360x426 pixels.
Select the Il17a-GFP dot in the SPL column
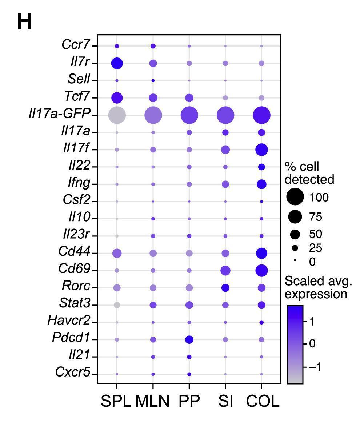117,115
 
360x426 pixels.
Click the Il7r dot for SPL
117,64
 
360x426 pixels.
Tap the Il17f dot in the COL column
261,150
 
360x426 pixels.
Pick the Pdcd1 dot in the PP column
189,340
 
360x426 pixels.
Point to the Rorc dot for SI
225,288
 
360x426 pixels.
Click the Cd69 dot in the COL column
261,271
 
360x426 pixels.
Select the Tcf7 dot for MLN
153,98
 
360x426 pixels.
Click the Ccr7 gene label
75,46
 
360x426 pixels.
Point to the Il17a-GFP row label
59,114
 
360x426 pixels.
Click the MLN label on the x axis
153,401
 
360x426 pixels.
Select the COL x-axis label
263,401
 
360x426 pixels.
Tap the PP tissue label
189,401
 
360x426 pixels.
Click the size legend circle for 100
295,198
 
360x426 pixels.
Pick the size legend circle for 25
295,248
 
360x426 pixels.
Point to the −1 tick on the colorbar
315,367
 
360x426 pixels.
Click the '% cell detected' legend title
309,173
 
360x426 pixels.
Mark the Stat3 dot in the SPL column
117,305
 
